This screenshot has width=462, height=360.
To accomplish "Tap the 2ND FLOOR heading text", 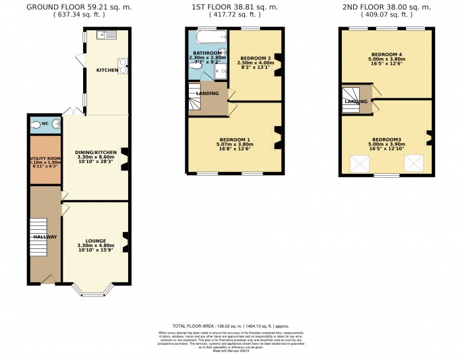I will [x=387, y=7].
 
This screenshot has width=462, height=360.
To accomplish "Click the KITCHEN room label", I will [x=107, y=69].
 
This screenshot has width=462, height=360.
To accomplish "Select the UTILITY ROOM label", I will [x=46, y=159].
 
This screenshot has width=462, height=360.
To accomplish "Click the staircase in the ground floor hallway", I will [x=40, y=236].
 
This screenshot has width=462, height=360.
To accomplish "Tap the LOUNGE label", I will [x=96, y=241].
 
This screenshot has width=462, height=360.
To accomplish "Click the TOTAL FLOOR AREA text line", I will [x=230, y=326].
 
